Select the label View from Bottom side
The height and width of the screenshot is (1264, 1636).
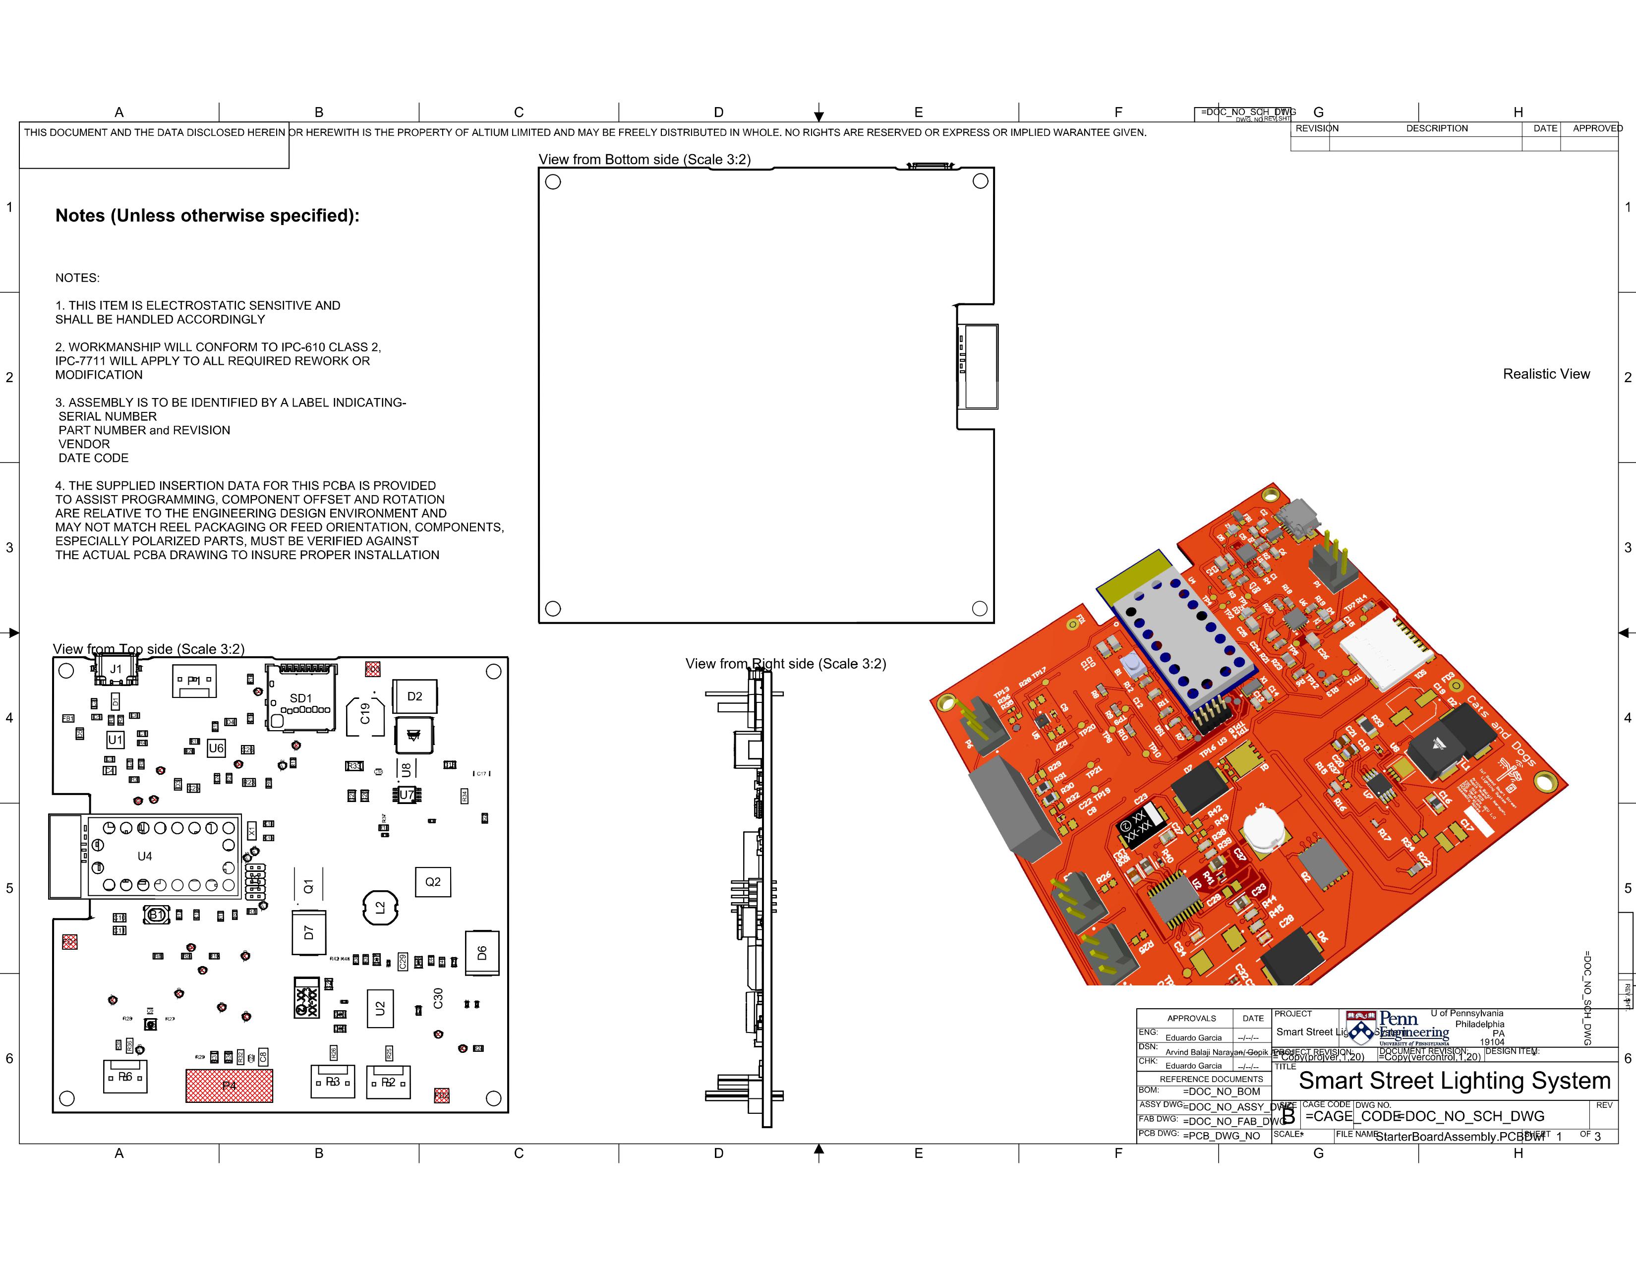(643, 160)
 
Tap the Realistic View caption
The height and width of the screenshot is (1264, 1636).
(1546, 374)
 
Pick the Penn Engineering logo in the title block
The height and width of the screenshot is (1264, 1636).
(1398, 1028)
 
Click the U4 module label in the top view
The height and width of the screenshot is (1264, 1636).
(145, 856)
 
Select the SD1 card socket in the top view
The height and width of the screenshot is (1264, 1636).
(301, 698)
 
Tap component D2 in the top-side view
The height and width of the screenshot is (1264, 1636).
(414, 696)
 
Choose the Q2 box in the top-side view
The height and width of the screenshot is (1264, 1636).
(433, 881)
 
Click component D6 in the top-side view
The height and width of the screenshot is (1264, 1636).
(482, 953)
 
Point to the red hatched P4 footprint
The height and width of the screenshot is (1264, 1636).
(229, 1085)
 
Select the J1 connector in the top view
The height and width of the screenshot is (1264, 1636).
(116, 669)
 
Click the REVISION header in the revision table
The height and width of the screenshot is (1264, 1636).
(1317, 128)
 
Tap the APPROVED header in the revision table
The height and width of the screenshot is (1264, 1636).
(1597, 128)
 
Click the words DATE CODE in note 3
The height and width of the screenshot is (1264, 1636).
(94, 458)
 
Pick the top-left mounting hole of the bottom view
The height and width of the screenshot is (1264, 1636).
(553, 182)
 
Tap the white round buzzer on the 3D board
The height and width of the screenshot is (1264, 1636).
(1262, 829)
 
